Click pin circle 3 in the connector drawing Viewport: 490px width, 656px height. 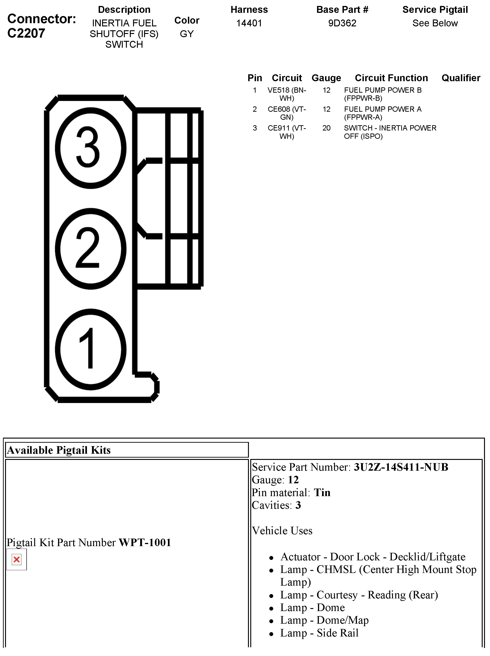[x=90, y=148]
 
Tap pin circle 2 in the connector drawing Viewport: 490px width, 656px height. [x=90, y=248]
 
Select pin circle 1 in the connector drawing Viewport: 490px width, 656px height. [x=90, y=349]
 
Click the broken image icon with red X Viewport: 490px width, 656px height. [x=17, y=560]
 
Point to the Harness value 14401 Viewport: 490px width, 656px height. [x=249, y=23]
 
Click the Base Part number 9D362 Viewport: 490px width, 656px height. [x=342, y=23]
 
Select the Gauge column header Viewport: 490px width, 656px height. [x=326, y=78]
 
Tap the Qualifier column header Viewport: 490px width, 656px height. [x=461, y=78]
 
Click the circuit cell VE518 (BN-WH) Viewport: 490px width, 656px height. [x=287, y=94]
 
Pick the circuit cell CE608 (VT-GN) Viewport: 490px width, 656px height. [x=287, y=113]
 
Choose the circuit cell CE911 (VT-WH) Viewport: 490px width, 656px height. [x=287, y=132]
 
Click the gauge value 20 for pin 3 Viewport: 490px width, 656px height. [x=326, y=128]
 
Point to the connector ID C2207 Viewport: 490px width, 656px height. [x=26, y=33]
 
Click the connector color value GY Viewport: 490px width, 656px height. [x=187, y=34]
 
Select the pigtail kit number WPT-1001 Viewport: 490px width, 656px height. [x=145, y=542]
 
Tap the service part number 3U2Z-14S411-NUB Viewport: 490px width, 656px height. [x=401, y=467]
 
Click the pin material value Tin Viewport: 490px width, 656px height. [x=322, y=493]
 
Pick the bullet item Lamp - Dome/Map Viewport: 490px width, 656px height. [x=324, y=620]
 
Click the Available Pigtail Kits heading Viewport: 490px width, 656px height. [x=59, y=450]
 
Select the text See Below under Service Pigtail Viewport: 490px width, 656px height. [x=435, y=23]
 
